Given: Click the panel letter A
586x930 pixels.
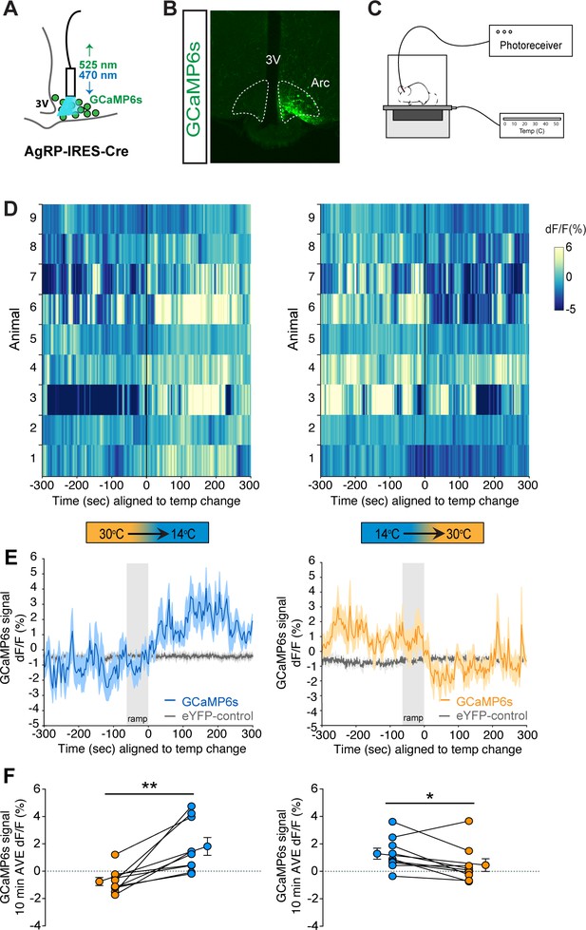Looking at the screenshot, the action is click(11, 10).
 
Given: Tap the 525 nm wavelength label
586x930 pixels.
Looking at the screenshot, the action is click(98, 65).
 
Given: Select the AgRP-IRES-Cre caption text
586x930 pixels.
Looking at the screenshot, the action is click(76, 151).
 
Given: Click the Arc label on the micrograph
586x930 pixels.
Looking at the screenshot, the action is click(320, 83).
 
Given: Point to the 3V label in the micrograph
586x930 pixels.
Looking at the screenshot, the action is click(273, 60).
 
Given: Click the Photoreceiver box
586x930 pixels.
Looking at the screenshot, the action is click(530, 40).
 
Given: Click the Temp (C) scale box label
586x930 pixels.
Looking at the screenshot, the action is click(531, 130).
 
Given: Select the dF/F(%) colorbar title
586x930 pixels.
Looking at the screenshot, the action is click(565, 230).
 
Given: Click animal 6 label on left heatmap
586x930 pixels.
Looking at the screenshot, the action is click(33, 307).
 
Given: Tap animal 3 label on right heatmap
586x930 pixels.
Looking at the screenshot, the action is click(311, 397).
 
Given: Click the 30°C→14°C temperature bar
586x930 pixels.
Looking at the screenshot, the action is click(146, 533).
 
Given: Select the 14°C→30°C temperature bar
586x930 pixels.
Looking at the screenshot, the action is click(423, 533).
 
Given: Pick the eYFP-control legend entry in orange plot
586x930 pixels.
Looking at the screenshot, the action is click(484, 716).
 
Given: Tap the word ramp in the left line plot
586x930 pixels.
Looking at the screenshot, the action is click(137, 719).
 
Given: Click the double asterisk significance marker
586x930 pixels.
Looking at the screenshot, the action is click(149, 787).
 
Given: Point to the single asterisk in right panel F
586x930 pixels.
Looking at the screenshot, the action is click(429, 796).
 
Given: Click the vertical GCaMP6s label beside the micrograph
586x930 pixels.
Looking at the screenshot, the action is click(195, 87).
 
